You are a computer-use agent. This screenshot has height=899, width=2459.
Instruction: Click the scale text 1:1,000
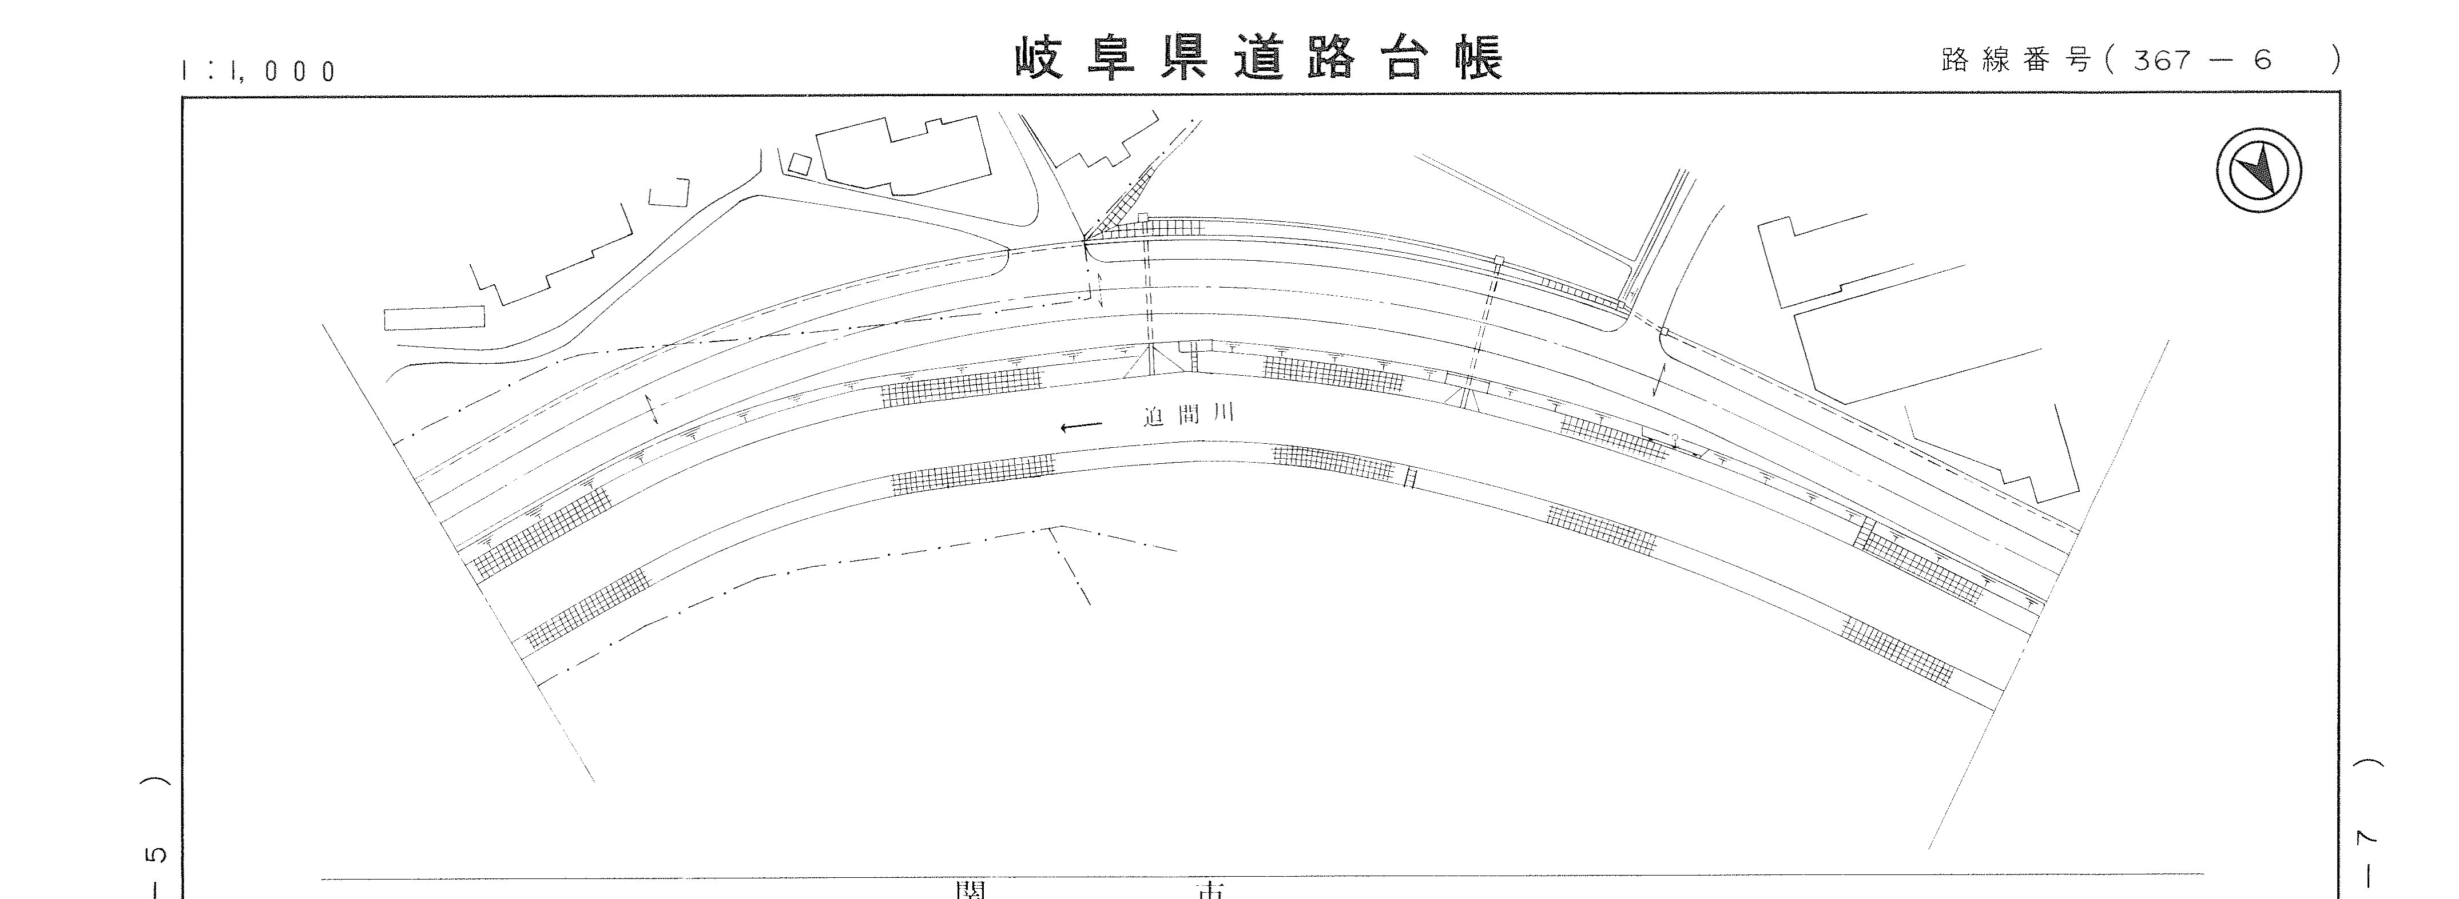pyautogui.click(x=258, y=71)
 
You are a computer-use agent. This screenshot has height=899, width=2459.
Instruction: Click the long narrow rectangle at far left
pyautogui.click(x=434, y=318)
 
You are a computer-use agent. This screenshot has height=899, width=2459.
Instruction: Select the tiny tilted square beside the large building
pyautogui.click(x=797, y=163)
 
